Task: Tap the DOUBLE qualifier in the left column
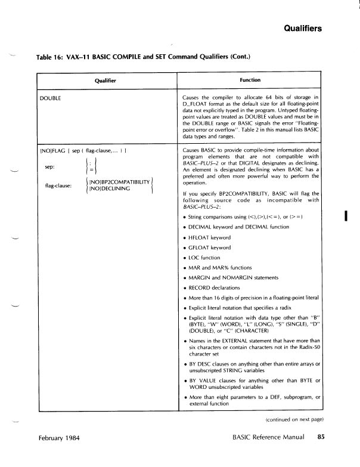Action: [x=51, y=97]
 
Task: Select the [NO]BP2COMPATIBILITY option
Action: [x=119, y=181]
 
